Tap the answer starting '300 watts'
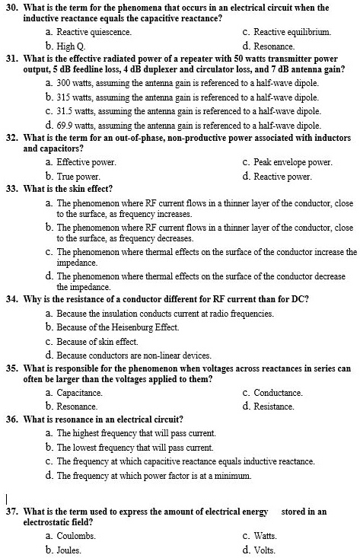(x=187, y=81)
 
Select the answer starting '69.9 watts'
(x=189, y=125)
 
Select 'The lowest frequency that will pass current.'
(x=135, y=447)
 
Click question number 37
(x=11, y=512)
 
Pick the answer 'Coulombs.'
(x=76, y=536)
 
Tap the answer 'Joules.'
(x=69, y=550)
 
